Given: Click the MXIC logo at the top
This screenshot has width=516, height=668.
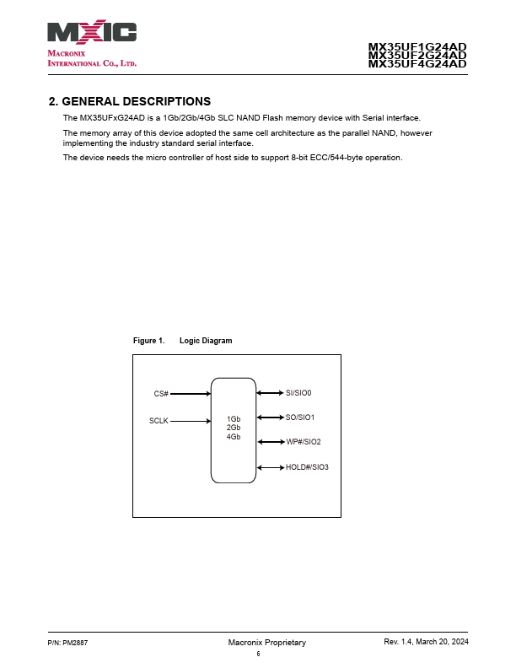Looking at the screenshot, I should pyautogui.click(x=92, y=33).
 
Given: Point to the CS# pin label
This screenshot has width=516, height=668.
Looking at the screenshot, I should pyautogui.click(x=161, y=394).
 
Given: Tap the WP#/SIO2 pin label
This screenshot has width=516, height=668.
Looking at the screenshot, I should pyautogui.click(x=304, y=442).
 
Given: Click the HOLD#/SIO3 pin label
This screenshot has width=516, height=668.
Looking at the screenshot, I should pyautogui.click(x=307, y=467).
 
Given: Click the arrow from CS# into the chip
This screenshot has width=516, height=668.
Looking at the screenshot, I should pyautogui.click(x=191, y=394).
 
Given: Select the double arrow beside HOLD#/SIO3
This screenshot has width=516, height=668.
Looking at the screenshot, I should pyautogui.click(x=270, y=467).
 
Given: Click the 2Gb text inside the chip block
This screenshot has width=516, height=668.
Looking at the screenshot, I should pyautogui.click(x=234, y=428).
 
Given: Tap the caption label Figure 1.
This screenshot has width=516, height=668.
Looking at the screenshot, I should pyautogui.click(x=148, y=341).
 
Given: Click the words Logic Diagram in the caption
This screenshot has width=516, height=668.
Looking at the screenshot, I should pyautogui.click(x=206, y=341).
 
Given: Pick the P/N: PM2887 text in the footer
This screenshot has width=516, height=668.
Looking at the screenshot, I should pyautogui.click(x=67, y=643).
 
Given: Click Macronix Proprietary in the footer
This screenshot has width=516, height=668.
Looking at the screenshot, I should pyautogui.click(x=267, y=643).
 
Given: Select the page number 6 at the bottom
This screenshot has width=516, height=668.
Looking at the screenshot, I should pyautogui.click(x=259, y=654).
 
